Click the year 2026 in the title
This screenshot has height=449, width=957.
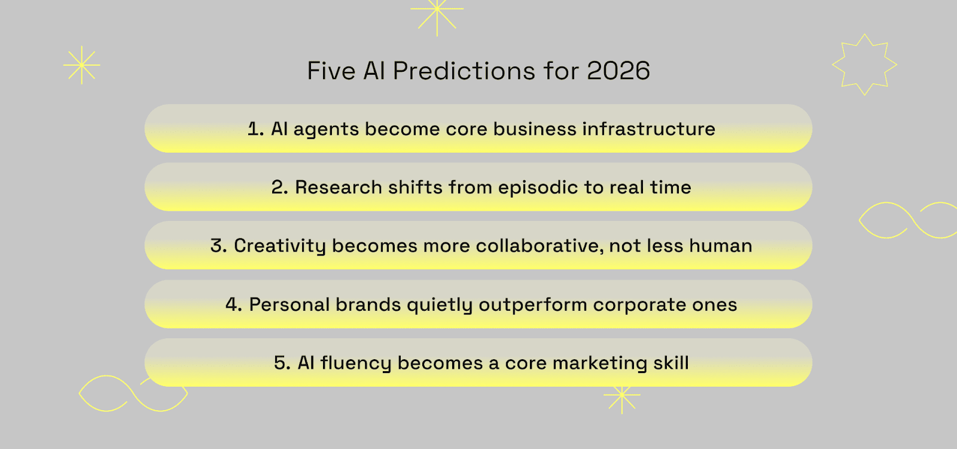[x=618, y=71]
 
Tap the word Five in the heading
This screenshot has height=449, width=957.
[x=331, y=71]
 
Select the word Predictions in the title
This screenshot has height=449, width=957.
[x=464, y=71]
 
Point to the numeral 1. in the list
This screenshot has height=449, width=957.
[x=255, y=129]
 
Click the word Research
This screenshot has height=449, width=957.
[x=339, y=187]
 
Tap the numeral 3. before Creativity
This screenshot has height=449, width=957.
[x=218, y=246]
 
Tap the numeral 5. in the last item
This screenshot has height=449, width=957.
[x=282, y=363]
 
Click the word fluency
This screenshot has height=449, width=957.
[x=356, y=363]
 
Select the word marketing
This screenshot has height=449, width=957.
[x=600, y=363]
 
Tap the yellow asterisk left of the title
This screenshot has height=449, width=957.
[x=81, y=65]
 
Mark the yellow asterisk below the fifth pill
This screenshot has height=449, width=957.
[x=622, y=395]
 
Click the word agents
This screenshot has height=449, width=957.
[x=326, y=129]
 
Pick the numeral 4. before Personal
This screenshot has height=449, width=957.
[x=234, y=305]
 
